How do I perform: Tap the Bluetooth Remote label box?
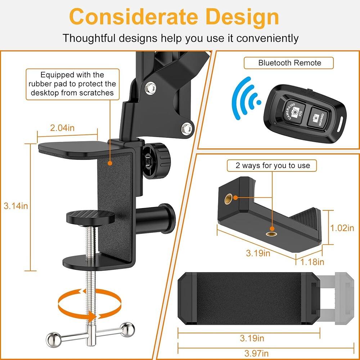289,63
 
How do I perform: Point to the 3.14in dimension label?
15,206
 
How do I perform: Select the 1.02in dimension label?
342,228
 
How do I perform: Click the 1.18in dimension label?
312,261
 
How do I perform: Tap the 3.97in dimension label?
254,353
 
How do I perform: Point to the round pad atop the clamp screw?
90,216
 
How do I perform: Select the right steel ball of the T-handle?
128,329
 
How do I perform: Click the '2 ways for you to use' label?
273,166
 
